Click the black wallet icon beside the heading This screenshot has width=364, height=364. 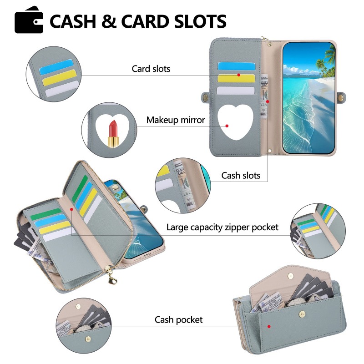click(x=29, y=20)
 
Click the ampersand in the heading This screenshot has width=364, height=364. click(x=109, y=21)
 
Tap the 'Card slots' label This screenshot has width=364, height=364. click(x=151, y=69)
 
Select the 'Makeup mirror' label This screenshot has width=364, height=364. click(x=176, y=120)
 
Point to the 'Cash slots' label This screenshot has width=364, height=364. click(x=241, y=176)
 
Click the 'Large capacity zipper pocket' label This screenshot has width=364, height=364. click(x=222, y=227)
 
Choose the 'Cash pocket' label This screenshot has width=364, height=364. click(x=178, y=320)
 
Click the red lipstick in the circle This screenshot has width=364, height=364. click(x=113, y=133)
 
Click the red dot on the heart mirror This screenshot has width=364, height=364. click(x=227, y=126)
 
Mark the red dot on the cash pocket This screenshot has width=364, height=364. click(x=269, y=326)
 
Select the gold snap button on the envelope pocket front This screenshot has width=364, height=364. click(x=302, y=314)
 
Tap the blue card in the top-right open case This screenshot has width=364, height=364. click(x=236, y=66)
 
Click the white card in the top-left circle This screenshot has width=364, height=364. click(x=62, y=89)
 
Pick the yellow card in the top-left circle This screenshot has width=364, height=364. click(x=60, y=77)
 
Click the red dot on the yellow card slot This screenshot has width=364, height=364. click(x=238, y=75)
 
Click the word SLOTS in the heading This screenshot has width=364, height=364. click(x=200, y=21)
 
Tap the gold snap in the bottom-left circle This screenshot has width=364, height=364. click(x=88, y=339)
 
